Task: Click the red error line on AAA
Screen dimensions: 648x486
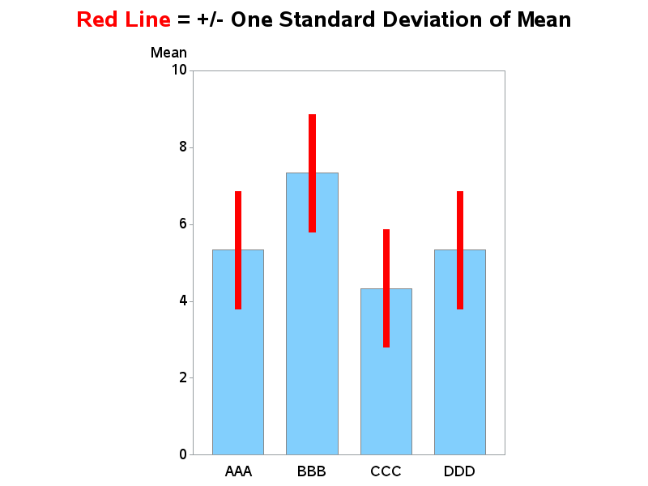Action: (x=238, y=250)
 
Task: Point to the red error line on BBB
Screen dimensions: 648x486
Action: (x=312, y=173)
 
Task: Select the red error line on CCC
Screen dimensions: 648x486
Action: (x=386, y=288)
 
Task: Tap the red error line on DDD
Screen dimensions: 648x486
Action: (x=460, y=250)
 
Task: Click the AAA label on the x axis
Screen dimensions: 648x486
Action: (x=238, y=471)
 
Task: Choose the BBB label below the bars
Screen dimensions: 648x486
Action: (x=312, y=471)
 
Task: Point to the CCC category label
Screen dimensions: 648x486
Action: (x=386, y=471)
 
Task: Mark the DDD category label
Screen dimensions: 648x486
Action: (x=459, y=471)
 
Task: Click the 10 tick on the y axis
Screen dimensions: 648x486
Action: (x=179, y=70)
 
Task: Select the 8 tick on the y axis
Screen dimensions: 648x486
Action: (x=183, y=147)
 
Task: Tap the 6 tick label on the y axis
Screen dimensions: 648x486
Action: (x=183, y=224)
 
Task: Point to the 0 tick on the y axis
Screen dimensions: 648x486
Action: (x=183, y=454)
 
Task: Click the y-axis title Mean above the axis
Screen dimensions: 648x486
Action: (x=168, y=53)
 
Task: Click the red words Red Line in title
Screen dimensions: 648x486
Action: (x=124, y=19)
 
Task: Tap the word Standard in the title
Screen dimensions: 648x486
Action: (x=327, y=19)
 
